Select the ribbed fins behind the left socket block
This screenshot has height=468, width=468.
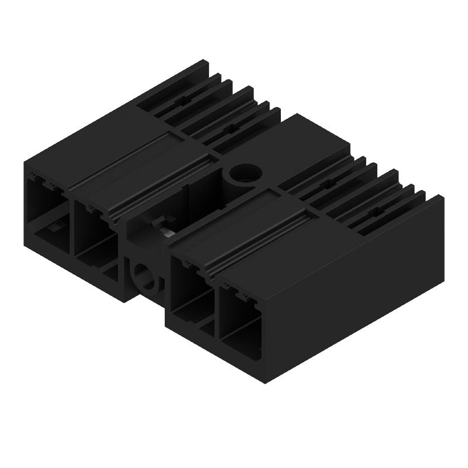pyautogui.click(x=216, y=111)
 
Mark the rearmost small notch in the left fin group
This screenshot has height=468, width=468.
pyautogui.click(x=187, y=100)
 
